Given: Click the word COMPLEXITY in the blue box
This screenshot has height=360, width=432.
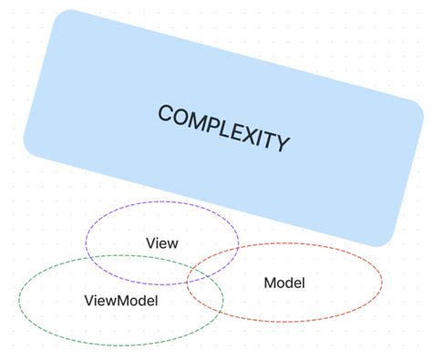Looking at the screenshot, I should [223, 129].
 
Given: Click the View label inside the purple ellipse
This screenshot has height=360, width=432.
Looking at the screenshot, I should [161, 243].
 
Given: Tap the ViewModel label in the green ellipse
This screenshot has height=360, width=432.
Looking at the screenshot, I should [121, 301].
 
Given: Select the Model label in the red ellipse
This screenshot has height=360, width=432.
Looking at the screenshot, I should [283, 283].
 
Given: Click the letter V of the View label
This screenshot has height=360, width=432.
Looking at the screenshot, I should [150, 243].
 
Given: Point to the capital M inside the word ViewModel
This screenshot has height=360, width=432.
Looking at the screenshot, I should [129, 301].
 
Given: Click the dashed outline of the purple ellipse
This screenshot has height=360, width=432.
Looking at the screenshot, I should [162, 202].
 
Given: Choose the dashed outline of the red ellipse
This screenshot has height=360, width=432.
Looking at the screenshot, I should [382, 283].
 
